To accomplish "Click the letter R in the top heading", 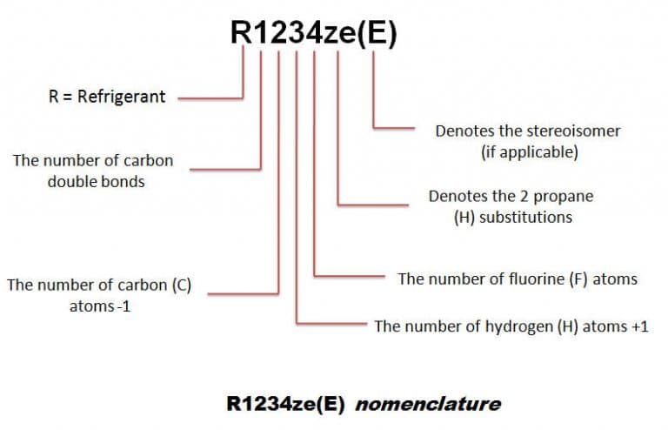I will point(242,33).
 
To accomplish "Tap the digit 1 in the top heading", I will point(261,33).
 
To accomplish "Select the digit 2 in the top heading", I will point(278,33).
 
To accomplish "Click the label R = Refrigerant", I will point(107,97).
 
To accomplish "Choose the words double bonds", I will point(94,183).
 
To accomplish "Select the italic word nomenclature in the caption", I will point(428,404).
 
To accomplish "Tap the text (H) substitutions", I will point(513,217).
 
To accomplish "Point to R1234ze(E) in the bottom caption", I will point(288,404).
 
